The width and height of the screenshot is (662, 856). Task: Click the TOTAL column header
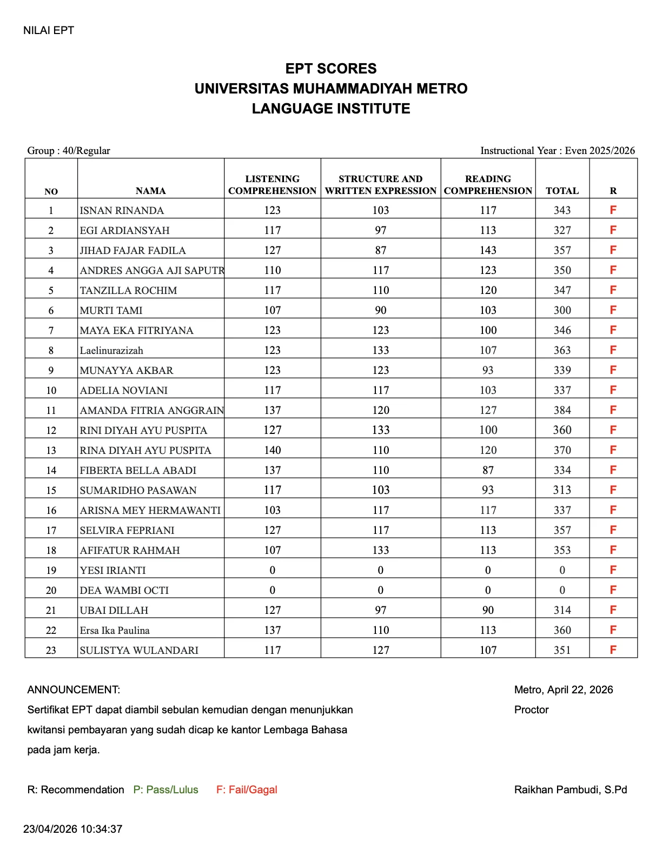coord(562,191)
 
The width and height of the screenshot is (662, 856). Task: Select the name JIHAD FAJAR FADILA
coord(133,250)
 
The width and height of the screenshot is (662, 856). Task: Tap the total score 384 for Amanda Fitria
coord(562,410)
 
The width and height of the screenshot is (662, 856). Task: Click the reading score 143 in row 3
coord(488,250)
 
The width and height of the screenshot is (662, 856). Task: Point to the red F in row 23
coord(613,650)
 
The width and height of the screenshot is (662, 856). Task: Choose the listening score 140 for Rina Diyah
coord(273,450)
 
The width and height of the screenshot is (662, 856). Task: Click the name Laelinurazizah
coord(111,350)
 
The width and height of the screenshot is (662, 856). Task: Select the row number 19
coord(51,570)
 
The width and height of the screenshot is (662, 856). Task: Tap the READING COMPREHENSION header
coord(488,185)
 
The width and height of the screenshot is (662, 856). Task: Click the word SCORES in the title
coord(354,69)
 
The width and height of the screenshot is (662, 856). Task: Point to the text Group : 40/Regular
coord(69,151)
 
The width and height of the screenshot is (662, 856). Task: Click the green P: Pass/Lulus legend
coord(165,790)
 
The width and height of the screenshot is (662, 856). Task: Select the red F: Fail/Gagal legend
coord(247,790)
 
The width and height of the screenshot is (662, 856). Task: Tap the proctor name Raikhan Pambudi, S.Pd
coord(570,790)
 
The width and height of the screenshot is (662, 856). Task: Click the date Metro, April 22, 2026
coord(563,690)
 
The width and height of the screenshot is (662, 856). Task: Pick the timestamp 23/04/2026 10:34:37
coord(72,829)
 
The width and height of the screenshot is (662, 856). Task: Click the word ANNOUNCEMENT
coord(73,690)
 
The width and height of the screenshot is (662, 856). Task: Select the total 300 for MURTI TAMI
coord(562,310)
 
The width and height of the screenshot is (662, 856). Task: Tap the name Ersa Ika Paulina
coord(115,630)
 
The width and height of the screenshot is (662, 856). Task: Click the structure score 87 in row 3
coord(381,250)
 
